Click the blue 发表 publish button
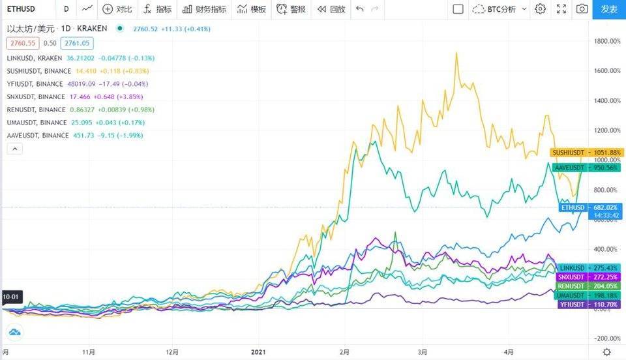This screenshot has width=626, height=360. [x=609, y=9]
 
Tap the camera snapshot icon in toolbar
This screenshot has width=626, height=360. [x=582, y=9]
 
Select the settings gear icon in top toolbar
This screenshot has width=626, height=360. [x=540, y=9]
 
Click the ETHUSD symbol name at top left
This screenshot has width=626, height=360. [x=22, y=9]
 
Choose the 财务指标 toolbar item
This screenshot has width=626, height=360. [x=205, y=9]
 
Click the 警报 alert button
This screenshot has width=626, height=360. [x=291, y=9]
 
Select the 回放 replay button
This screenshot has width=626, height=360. [x=331, y=9]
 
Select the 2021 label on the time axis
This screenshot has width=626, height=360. [x=260, y=352]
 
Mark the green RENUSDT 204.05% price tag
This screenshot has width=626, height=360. [x=585, y=286]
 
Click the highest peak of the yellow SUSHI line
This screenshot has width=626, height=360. [x=455, y=53]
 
